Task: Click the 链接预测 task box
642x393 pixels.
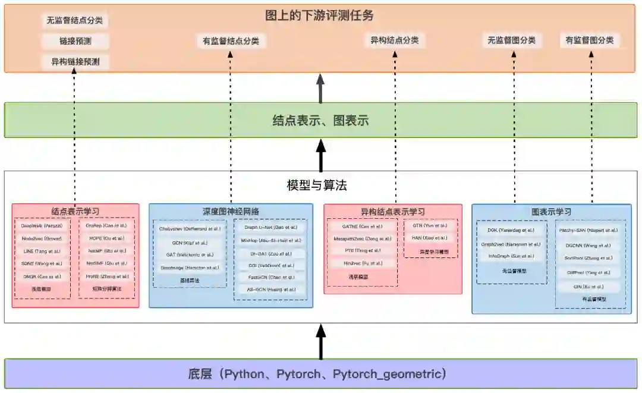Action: (x=75, y=41)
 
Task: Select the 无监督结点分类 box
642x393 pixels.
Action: (x=75, y=20)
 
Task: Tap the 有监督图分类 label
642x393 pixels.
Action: (x=590, y=40)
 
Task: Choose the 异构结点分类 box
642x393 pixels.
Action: (x=395, y=40)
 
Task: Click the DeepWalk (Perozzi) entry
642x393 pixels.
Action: (x=42, y=226)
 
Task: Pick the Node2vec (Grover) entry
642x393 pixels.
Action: (x=42, y=238)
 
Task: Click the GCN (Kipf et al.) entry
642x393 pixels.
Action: (x=190, y=243)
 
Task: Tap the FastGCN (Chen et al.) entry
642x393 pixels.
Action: (x=270, y=277)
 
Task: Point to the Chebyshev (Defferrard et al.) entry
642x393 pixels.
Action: (x=190, y=229)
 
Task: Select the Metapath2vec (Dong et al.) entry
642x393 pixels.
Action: (x=362, y=238)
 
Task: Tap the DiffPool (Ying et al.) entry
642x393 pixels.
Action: (x=588, y=273)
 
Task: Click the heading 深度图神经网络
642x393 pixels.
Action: (x=231, y=211)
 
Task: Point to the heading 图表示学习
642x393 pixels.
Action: (x=551, y=211)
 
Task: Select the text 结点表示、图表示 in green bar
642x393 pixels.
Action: (x=320, y=121)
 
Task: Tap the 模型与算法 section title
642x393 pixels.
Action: (x=316, y=186)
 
